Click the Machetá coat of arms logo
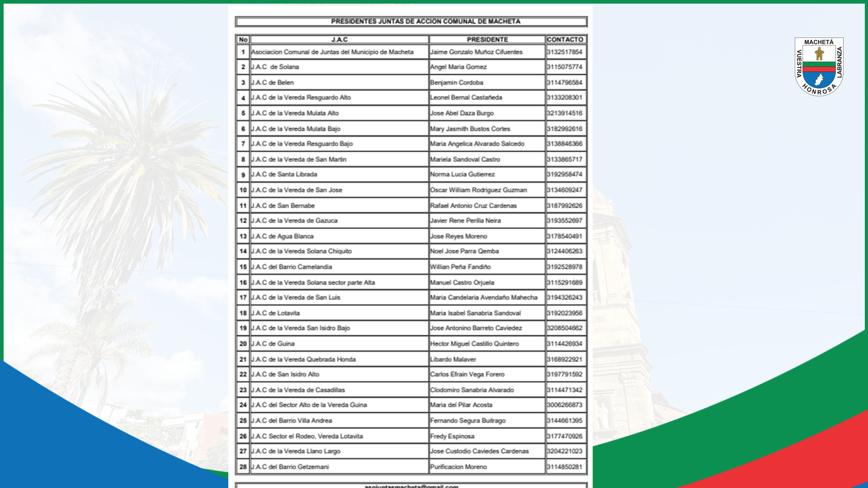pos(819,67)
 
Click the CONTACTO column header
pos(565,40)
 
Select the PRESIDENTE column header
pos(487,40)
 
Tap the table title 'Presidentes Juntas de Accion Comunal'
pos(425,22)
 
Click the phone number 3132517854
pos(565,52)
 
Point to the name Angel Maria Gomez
pos(458,67)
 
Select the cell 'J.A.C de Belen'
pos(273,83)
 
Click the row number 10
pos(243,190)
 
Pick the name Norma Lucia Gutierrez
pos(462,174)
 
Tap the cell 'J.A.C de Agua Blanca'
pos(283,236)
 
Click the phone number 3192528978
pos(565,267)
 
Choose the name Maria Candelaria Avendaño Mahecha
pos(484,298)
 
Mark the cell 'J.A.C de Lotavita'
pos(276,313)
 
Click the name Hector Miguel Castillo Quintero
pos(475,344)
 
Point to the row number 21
pos(243,360)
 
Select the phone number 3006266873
pos(565,405)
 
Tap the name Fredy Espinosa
pos(452,436)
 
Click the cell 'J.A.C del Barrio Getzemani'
pos(290,467)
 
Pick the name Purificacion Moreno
pos(458,467)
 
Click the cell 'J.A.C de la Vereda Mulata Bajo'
pos(296,129)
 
